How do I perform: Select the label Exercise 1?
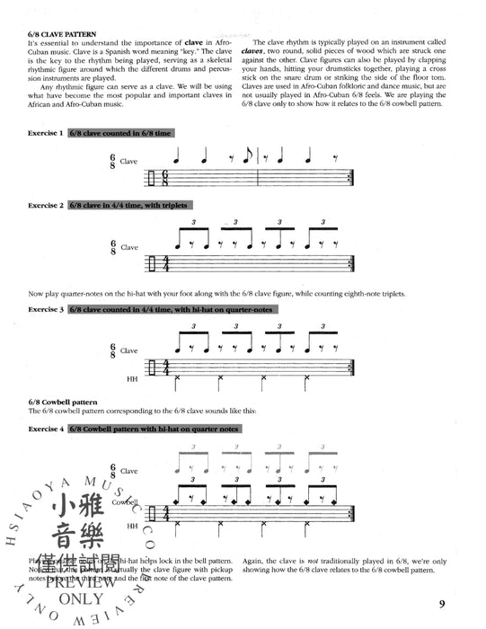coord(46,133)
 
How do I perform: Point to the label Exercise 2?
coord(46,206)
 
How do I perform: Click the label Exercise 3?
coord(46,309)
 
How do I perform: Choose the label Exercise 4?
coord(46,430)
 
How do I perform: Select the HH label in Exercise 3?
coord(132,377)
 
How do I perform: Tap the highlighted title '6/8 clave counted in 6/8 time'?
coord(120,133)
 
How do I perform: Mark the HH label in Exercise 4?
coord(132,526)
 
